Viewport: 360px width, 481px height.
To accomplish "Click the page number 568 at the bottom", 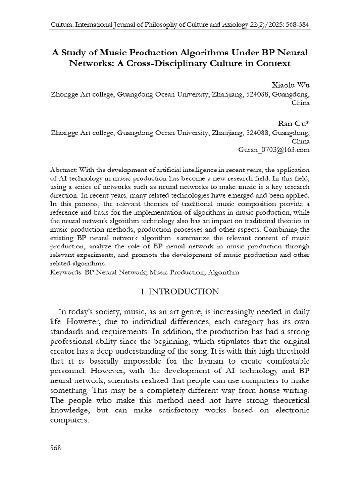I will click(56, 448).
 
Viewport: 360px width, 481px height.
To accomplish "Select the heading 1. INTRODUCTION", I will click(180, 292).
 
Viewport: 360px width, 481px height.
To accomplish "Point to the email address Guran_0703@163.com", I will click(274, 150).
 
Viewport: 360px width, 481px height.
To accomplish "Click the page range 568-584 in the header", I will click(294, 24).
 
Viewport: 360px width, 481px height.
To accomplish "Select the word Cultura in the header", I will click(62, 24).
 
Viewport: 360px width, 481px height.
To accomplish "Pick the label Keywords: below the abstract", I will click(67, 272).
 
